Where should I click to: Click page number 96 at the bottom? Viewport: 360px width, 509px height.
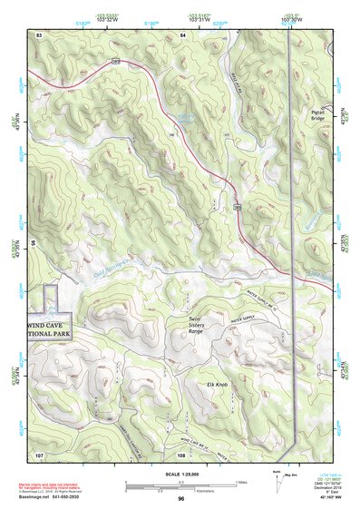click(x=181, y=498)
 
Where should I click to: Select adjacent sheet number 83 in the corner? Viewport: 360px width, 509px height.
click(x=39, y=34)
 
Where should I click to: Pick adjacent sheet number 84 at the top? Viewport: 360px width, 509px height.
click(x=182, y=34)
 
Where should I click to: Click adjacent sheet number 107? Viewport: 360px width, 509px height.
click(x=39, y=453)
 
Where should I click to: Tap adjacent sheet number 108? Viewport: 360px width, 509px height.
click(x=180, y=453)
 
